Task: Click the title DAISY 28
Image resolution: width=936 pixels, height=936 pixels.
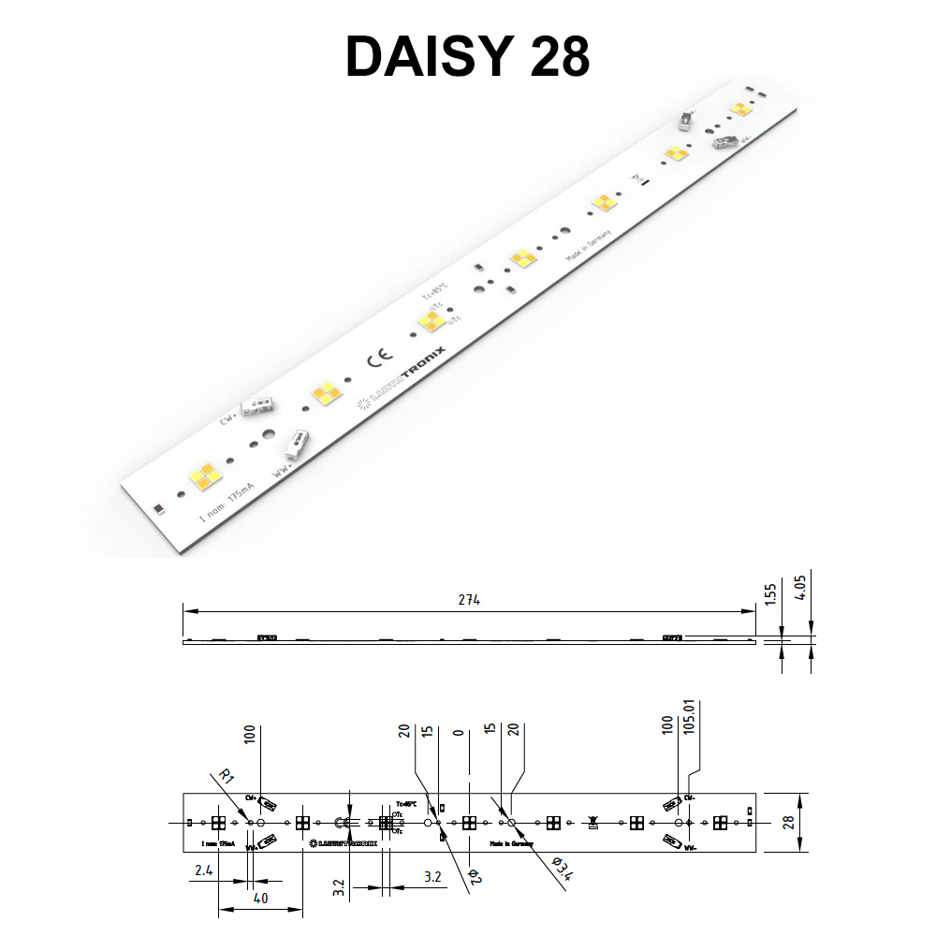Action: coord(467,58)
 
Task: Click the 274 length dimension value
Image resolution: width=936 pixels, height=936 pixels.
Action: coord(469,600)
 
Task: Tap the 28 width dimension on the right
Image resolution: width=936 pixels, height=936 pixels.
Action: coord(788,823)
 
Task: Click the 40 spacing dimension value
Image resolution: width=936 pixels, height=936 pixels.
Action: coord(260,899)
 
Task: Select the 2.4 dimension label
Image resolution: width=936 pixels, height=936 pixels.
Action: coord(203,870)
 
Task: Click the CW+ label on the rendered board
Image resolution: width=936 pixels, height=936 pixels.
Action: coord(227,418)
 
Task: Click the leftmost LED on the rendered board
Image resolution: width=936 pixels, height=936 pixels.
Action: coord(206,476)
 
